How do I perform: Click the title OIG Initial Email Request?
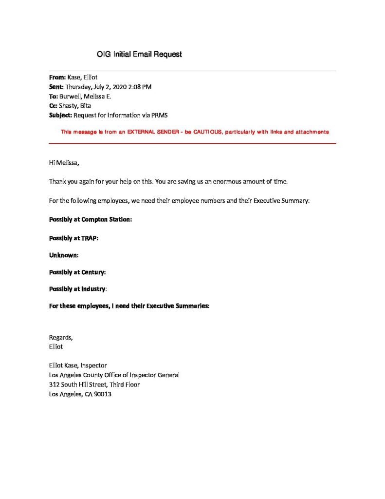pos(139,54)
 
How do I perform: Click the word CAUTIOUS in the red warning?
pos(204,132)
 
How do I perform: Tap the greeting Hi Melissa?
pos(64,163)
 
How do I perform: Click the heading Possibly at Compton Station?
pos(91,219)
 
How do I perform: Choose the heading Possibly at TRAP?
pos(73,238)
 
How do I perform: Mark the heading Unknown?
pos(64,255)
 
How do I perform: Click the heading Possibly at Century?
pos(77,272)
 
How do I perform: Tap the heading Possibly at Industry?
pos(78,289)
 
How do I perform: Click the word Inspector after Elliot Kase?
pos(93,365)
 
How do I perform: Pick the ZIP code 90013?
pos(103,394)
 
